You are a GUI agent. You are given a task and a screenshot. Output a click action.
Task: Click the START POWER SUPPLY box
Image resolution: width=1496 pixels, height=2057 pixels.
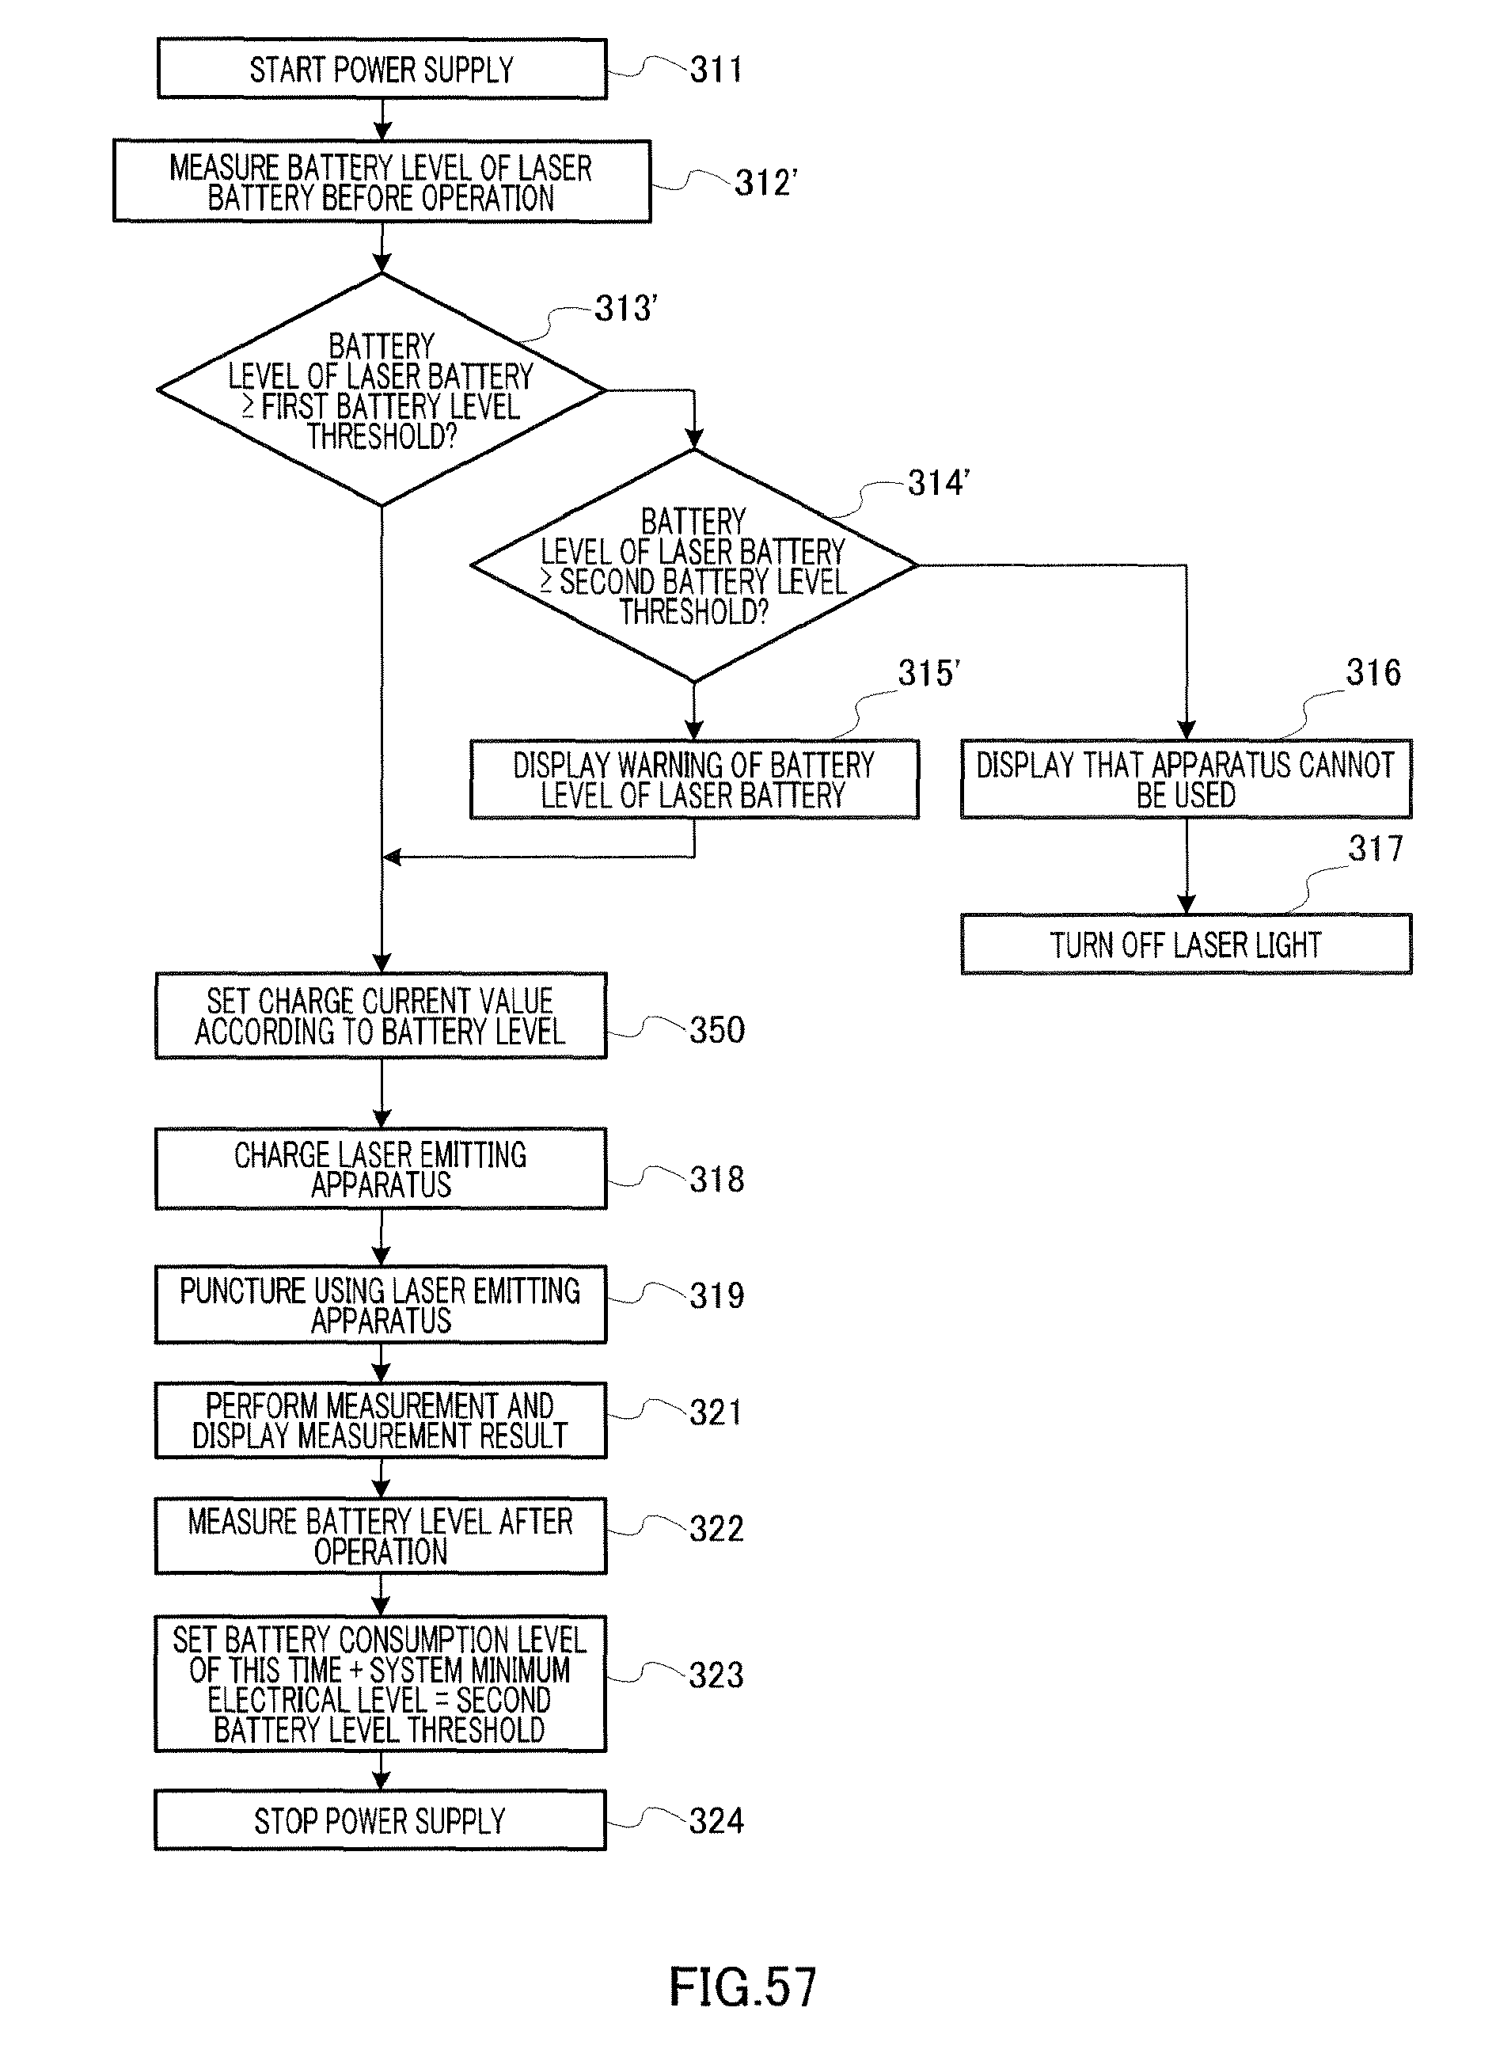click(x=382, y=69)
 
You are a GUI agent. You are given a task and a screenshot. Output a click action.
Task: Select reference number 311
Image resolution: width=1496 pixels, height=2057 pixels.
click(x=716, y=70)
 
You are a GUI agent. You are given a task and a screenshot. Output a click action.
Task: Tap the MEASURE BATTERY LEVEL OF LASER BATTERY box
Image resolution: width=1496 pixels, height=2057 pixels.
click(x=382, y=181)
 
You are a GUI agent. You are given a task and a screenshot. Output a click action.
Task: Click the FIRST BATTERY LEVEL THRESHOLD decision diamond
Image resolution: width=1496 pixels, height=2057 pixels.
click(x=382, y=390)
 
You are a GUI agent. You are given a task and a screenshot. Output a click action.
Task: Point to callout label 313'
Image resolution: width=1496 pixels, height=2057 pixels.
click(x=625, y=308)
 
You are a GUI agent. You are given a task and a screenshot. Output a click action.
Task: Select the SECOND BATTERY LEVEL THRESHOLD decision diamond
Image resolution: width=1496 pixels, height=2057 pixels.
click(x=693, y=566)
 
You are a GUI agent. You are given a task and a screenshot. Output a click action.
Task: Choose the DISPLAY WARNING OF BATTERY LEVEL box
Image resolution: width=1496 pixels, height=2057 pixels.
click(x=693, y=780)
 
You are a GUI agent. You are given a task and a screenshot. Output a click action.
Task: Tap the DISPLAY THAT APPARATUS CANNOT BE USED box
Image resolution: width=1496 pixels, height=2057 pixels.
click(x=1186, y=779)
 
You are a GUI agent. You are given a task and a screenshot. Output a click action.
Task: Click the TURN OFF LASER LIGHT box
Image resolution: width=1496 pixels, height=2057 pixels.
click(x=1186, y=944)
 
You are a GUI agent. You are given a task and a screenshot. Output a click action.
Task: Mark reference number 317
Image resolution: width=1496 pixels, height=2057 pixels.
click(x=1375, y=849)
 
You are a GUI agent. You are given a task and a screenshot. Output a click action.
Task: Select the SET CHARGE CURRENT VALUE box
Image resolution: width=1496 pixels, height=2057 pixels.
click(x=381, y=1016)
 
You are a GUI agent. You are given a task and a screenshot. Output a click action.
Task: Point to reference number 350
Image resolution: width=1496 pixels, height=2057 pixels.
click(x=717, y=1030)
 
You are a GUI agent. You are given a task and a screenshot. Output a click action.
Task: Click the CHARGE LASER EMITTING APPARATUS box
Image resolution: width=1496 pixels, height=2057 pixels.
click(x=381, y=1169)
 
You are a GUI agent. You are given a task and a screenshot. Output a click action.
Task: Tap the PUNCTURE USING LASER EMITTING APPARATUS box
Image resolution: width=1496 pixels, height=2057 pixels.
click(x=381, y=1304)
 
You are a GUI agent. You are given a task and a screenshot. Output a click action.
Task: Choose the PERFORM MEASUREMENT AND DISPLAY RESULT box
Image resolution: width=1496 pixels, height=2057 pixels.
click(x=381, y=1420)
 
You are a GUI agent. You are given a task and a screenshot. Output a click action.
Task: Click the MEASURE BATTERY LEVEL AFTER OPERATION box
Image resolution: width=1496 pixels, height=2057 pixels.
click(x=381, y=1536)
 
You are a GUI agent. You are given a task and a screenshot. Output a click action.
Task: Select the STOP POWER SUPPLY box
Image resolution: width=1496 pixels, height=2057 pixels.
click(x=381, y=1820)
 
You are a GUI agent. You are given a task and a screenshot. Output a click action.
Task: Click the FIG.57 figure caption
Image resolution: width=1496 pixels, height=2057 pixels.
click(x=742, y=1987)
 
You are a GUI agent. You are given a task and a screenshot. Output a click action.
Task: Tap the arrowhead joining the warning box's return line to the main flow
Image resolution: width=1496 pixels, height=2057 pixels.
click(x=392, y=857)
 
